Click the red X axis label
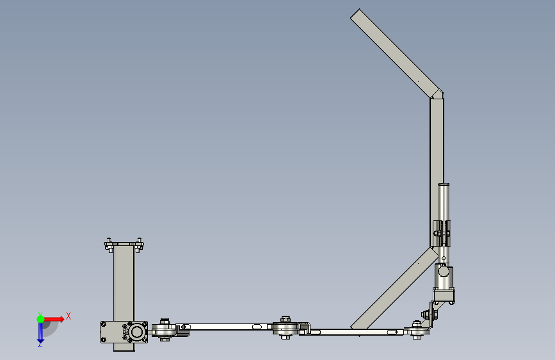[x=68, y=316]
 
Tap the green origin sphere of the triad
[x=41, y=319]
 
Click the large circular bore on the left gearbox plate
[x=136, y=332]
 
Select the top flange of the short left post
[x=124, y=245]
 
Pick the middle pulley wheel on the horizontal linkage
[x=286, y=328]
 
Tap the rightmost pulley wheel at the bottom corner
[x=417, y=331]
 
